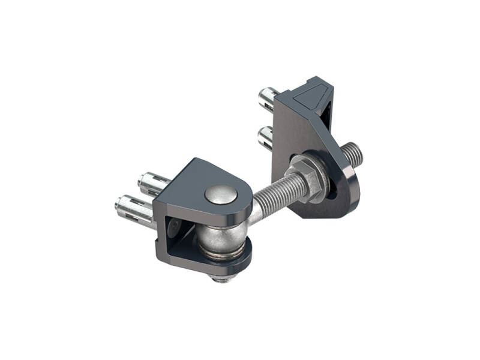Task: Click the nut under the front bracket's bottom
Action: coord(221,277)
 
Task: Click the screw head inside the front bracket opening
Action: coord(175,226)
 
